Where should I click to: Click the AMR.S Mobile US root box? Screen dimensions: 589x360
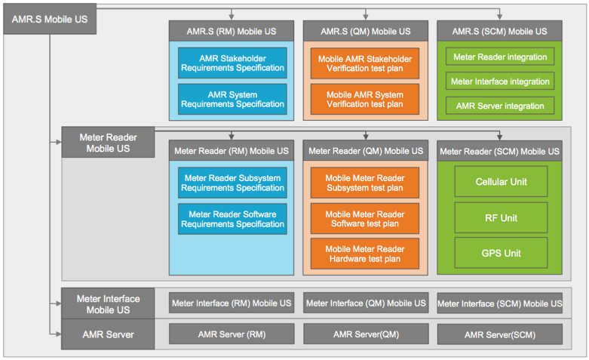[x=50, y=19]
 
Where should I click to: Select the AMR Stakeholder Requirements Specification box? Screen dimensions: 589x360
[x=232, y=63]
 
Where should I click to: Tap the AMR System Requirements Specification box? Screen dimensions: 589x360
[x=232, y=99]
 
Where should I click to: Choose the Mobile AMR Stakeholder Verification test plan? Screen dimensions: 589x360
[x=365, y=63]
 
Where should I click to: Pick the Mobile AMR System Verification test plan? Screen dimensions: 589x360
[x=365, y=99]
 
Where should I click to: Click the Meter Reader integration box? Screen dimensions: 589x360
[x=500, y=57]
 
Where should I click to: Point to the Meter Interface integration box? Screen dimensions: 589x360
[x=500, y=82]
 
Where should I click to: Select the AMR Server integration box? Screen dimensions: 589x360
[x=500, y=106]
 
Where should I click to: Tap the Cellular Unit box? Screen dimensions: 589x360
[x=501, y=181]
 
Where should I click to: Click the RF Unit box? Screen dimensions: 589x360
[x=501, y=217]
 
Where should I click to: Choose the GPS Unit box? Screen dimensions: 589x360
[x=501, y=253]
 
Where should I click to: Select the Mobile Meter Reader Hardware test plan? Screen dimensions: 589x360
[x=365, y=254]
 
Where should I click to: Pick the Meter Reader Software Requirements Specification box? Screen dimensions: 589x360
[x=232, y=219]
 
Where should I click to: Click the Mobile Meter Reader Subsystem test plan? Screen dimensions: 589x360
[x=365, y=183]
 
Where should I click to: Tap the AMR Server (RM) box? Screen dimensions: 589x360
[x=232, y=334]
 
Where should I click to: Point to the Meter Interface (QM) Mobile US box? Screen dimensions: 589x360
[x=366, y=303]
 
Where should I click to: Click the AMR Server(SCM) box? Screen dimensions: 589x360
[x=500, y=334]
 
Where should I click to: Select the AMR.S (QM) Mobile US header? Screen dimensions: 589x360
[x=366, y=31]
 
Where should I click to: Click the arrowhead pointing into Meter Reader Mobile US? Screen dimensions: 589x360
[x=59, y=142]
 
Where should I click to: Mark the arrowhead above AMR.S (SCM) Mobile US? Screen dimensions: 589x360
[x=499, y=17]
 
